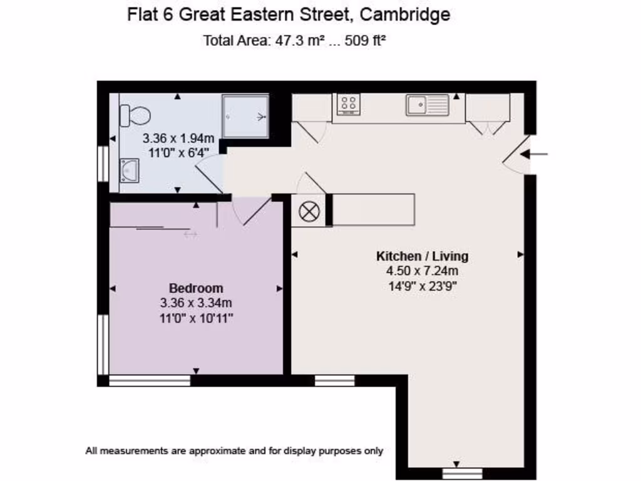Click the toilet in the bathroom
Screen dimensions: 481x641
(x=136, y=115)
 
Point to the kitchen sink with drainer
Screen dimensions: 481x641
(x=428, y=105)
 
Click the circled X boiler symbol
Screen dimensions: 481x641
(x=308, y=211)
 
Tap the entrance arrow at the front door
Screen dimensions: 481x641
(x=538, y=153)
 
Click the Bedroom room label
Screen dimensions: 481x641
(x=196, y=289)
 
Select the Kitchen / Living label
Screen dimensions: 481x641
(x=422, y=256)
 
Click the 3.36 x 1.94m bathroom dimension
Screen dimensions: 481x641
(x=178, y=138)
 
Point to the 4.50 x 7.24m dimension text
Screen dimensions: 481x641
(x=422, y=271)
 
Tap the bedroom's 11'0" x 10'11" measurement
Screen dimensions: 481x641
(x=196, y=318)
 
